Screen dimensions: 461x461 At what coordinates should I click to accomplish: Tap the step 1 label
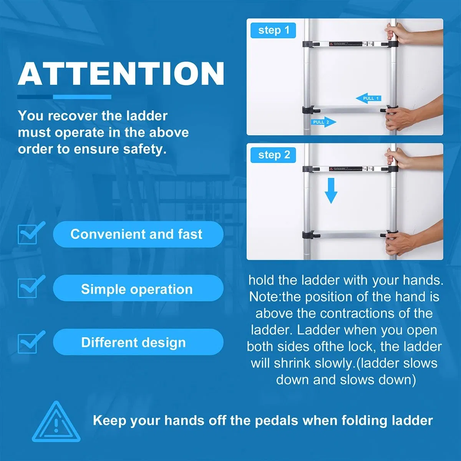(273, 30)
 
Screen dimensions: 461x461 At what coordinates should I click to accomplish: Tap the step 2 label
(273, 155)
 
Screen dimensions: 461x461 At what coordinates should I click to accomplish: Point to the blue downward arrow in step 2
(330, 191)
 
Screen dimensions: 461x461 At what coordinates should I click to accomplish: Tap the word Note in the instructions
(265, 297)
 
